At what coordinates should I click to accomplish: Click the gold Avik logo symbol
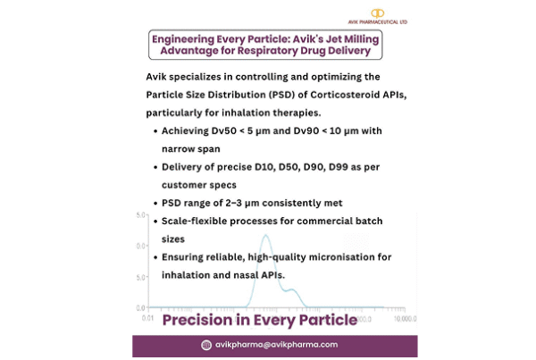click(x=378, y=12)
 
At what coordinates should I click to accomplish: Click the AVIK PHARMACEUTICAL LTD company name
click(x=378, y=22)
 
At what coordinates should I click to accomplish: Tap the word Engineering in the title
click(x=188, y=40)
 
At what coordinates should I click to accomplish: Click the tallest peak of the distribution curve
click(x=265, y=236)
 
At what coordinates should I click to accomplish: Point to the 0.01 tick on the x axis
click(x=148, y=317)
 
